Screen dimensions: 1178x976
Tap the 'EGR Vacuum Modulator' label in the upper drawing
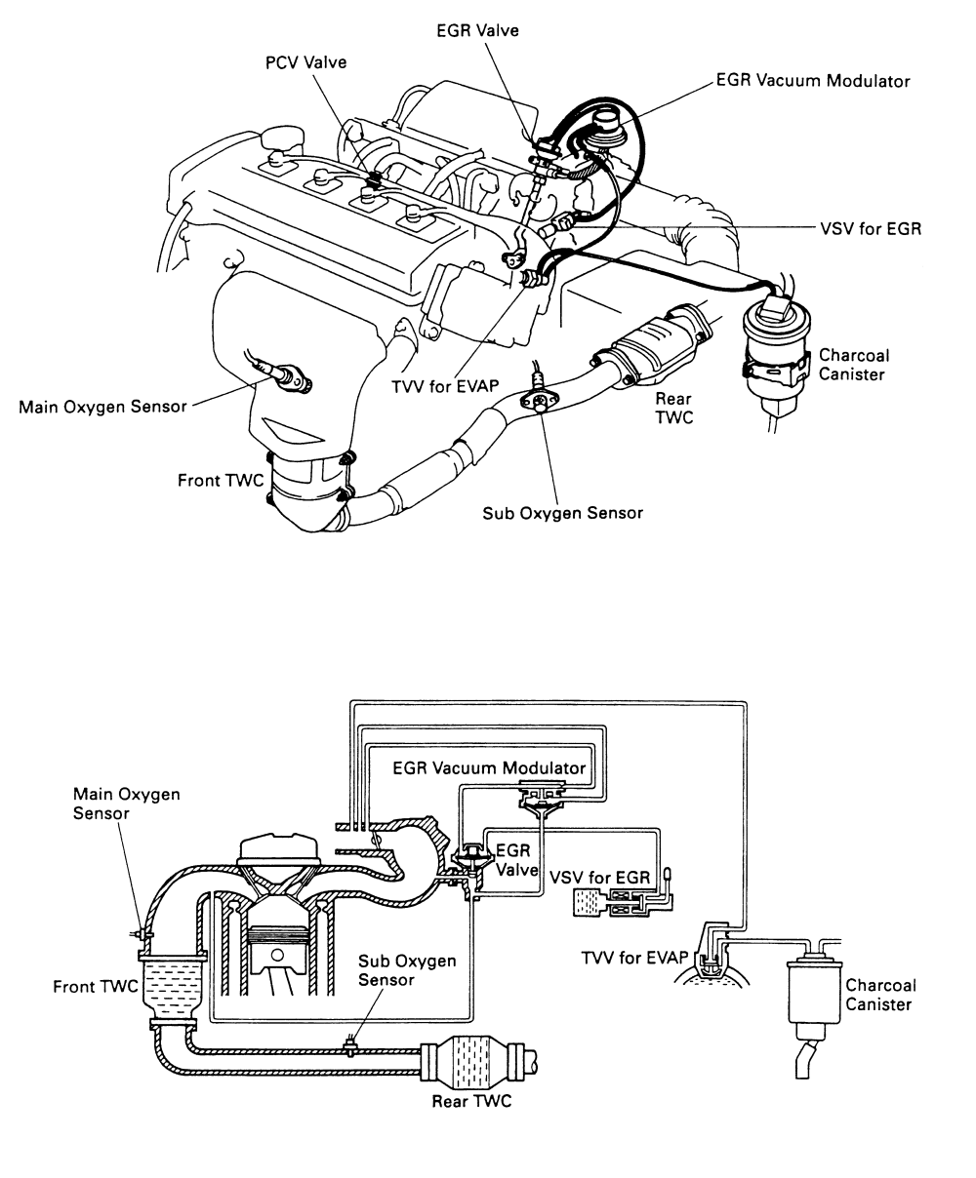(x=813, y=82)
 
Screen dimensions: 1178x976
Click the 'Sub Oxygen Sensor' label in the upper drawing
(x=562, y=512)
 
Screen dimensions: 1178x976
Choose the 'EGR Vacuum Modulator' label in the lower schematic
(x=489, y=766)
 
